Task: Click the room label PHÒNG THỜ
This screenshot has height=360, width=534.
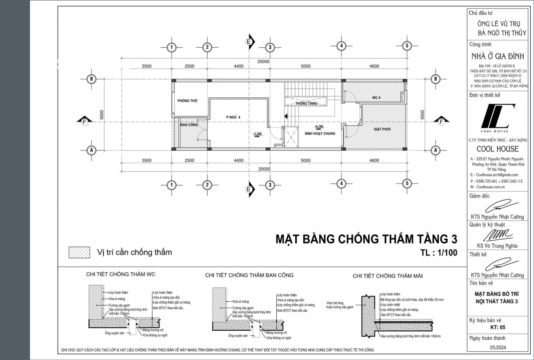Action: click(x=187, y=101)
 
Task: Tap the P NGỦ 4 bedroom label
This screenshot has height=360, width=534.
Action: click(x=233, y=117)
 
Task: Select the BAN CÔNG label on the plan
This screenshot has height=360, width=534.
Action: click(x=189, y=125)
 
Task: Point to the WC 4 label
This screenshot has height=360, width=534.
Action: click(x=376, y=98)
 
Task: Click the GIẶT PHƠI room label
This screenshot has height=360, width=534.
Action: click(x=382, y=129)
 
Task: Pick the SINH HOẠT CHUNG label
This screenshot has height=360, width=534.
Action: click(x=320, y=133)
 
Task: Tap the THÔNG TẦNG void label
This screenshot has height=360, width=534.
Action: click(x=306, y=103)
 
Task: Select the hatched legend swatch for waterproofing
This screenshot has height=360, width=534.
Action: click(x=79, y=252)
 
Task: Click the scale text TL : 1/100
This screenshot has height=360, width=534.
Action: click(x=439, y=253)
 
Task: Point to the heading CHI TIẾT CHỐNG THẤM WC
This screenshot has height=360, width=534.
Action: click(x=120, y=274)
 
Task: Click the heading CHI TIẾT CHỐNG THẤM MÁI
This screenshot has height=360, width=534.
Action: click(x=387, y=276)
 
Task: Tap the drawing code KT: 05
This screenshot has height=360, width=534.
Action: click(x=498, y=327)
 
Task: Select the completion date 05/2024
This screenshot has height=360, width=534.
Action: click(x=498, y=347)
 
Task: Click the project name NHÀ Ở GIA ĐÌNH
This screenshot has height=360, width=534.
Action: click(x=498, y=56)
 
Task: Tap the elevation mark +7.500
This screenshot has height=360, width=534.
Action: click(x=257, y=134)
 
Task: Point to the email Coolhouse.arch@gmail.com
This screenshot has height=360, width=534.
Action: click(x=497, y=175)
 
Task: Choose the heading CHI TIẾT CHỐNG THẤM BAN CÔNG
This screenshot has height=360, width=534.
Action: click(x=249, y=275)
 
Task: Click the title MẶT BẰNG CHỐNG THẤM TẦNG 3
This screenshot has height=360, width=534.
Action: click(x=366, y=239)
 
